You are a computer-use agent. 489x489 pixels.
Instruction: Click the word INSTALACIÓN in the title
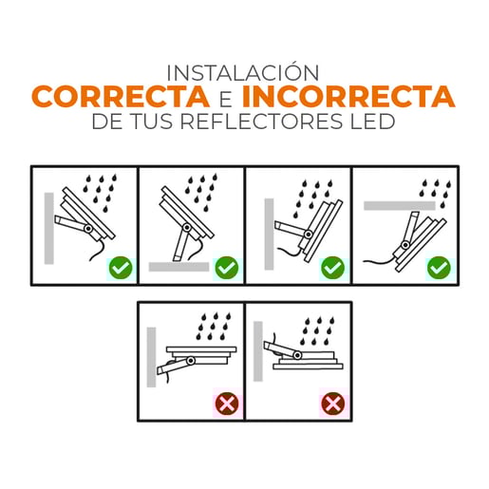click(244, 72)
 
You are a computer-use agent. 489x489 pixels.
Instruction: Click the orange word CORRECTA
click(120, 97)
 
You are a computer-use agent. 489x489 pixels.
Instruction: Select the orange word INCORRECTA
click(348, 97)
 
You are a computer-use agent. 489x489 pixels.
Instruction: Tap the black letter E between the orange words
click(225, 98)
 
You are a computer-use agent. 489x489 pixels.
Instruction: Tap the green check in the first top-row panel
click(120, 268)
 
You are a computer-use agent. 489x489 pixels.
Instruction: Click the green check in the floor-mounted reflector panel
click(226, 268)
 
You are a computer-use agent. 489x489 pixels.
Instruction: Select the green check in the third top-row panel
click(332, 268)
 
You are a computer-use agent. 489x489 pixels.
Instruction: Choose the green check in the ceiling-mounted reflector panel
click(438, 268)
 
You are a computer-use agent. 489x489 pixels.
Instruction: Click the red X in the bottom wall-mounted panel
click(226, 404)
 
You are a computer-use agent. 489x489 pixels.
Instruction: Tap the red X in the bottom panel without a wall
click(332, 404)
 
